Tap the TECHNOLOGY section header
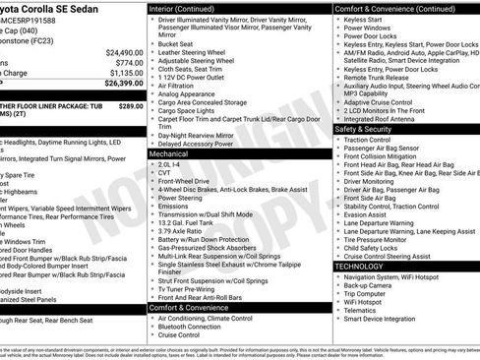(x=359, y=266)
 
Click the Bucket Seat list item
(x=175, y=43)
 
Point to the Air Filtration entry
(x=181, y=87)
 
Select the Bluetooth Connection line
(x=198, y=326)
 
